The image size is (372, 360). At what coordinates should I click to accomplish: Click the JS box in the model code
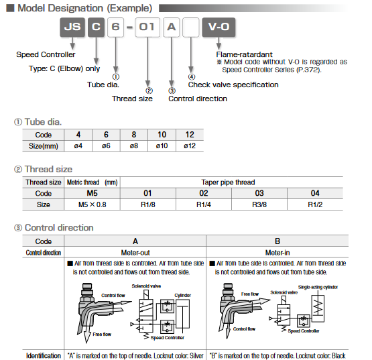pos(72,29)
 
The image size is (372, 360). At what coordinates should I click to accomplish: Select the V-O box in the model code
pos(219,29)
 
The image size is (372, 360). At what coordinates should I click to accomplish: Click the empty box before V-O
pos(191,29)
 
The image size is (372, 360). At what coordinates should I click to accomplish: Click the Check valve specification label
pos(233,84)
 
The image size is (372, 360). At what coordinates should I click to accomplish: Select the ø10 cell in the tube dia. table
pos(162,145)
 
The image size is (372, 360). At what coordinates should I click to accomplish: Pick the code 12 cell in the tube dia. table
pos(190,135)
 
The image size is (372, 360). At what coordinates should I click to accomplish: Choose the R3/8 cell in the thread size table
pos(259,204)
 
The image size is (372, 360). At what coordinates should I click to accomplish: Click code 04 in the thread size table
pos(315,193)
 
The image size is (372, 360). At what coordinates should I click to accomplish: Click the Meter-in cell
pos(277,253)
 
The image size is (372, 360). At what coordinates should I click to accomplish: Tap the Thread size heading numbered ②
pos(48,169)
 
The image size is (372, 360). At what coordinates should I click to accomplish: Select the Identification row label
pos(44,355)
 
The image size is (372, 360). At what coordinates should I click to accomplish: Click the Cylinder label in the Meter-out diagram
pos(182,294)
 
